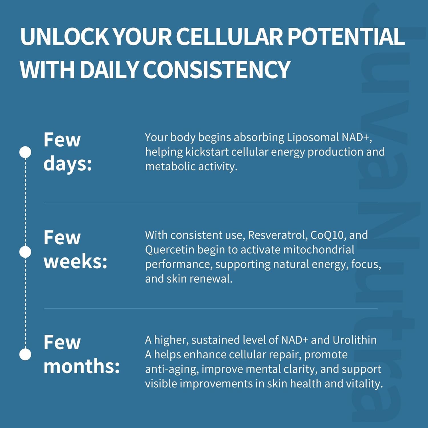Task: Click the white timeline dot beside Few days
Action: point(25,152)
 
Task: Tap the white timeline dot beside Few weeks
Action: point(25,252)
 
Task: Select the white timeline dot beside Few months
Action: point(25,354)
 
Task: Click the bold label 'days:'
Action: point(68,164)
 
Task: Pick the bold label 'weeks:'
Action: point(75,261)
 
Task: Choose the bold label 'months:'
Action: point(82,366)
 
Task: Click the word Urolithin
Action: point(354,340)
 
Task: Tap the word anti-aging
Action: point(172,369)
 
